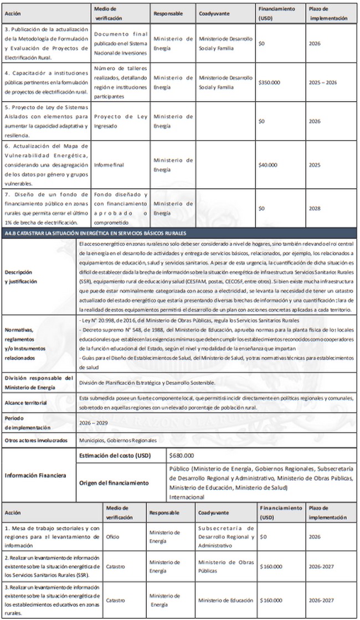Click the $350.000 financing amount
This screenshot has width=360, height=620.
[x=270, y=82]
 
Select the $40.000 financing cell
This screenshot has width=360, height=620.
[x=268, y=164]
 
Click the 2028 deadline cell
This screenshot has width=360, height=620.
[x=315, y=208]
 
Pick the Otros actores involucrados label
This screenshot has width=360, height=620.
[x=35, y=441]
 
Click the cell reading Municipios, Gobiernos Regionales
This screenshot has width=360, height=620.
[x=118, y=441]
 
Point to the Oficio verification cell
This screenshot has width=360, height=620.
[x=112, y=536]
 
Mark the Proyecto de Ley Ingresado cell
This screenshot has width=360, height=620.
[x=120, y=121]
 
